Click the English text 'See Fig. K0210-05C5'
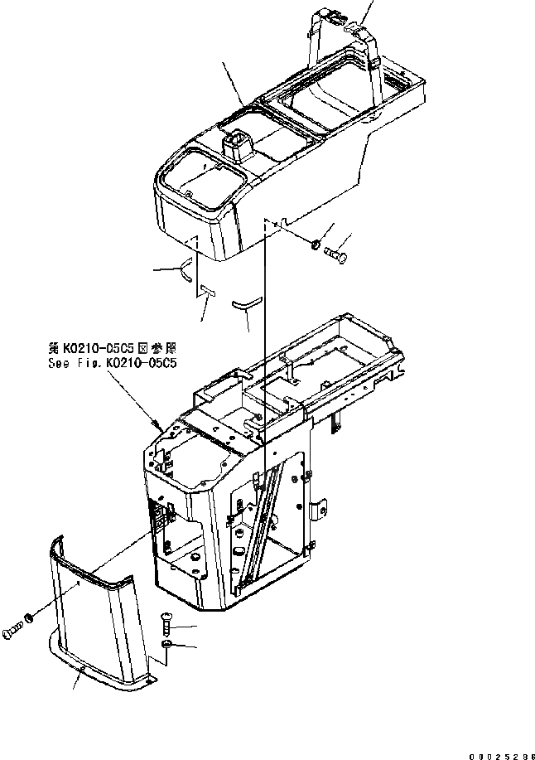point(114,363)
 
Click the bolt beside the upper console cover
point(336,250)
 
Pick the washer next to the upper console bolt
point(317,244)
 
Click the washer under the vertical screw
point(166,645)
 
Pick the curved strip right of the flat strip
point(247,304)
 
